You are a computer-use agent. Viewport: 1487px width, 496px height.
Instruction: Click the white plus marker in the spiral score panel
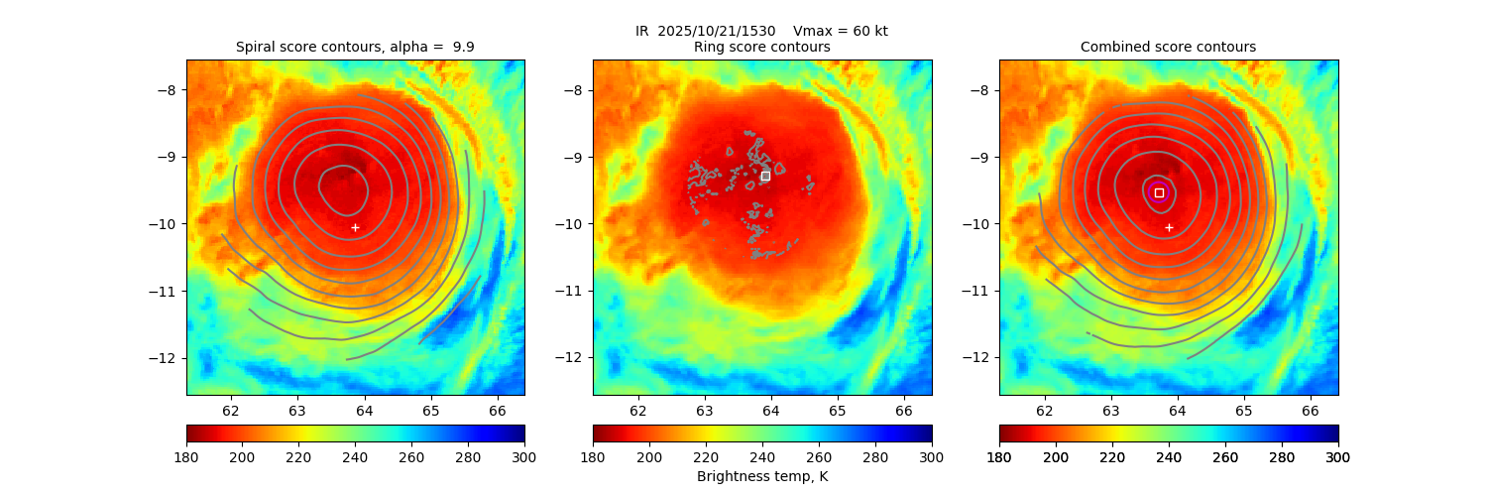(355, 227)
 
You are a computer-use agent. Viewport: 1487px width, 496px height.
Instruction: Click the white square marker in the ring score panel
(765, 176)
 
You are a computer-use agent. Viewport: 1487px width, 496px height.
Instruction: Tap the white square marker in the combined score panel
(1159, 192)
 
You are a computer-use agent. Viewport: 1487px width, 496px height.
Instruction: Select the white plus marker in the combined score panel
(1169, 227)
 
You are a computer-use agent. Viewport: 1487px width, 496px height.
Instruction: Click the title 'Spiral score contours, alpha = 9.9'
(355, 47)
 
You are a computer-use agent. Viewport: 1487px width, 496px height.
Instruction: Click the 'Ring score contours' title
(761, 47)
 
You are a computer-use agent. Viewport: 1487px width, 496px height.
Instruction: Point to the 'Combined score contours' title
(1168, 47)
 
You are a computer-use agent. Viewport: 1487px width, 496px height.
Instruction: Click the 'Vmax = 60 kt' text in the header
(841, 31)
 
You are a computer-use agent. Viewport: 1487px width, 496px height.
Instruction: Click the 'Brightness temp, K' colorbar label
(761, 476)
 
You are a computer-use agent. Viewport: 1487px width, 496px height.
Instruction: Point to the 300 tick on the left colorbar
(524, 456)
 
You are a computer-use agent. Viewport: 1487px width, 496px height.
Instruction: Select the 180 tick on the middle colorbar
(593, 456)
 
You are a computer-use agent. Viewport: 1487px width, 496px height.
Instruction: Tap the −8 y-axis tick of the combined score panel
(979, 89)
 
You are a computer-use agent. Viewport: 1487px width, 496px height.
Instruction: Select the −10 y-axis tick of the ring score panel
(573, 223)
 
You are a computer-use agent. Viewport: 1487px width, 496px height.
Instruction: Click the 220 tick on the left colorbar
(299, 456)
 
